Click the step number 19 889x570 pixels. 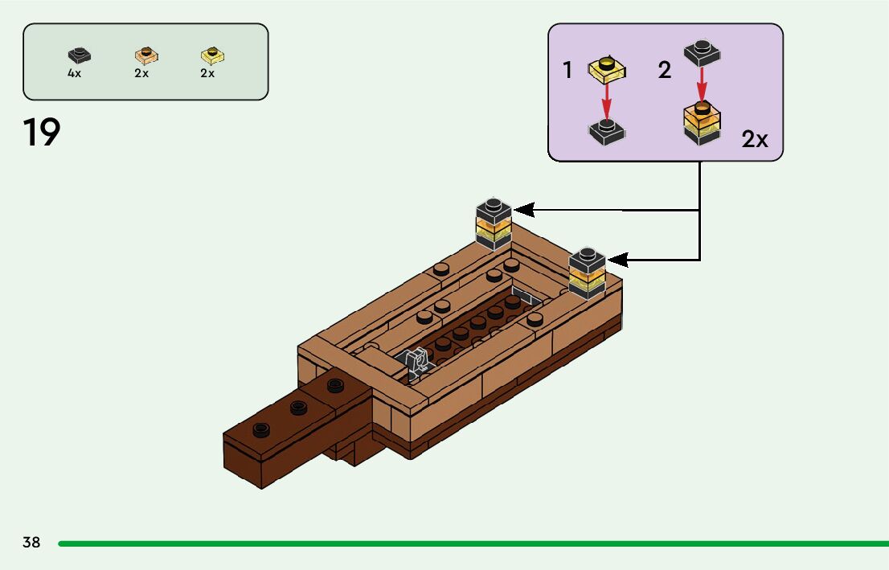(42, 133)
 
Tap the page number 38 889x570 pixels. (31, 542)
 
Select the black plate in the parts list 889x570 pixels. (79, 55)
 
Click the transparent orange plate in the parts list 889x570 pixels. (145, 55)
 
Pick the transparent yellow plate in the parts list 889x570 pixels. (212, 55)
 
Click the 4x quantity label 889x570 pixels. (74, 73)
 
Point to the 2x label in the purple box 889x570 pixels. (754, 139)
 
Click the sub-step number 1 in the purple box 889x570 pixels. (567, 71)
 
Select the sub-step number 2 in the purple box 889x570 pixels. (664, 71)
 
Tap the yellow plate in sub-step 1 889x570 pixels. (607, 69)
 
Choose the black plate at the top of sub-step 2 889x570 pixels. (701, 53)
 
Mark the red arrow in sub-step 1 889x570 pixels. (607, 100)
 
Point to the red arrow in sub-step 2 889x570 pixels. (701, 82)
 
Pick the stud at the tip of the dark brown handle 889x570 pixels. (260, 429)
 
